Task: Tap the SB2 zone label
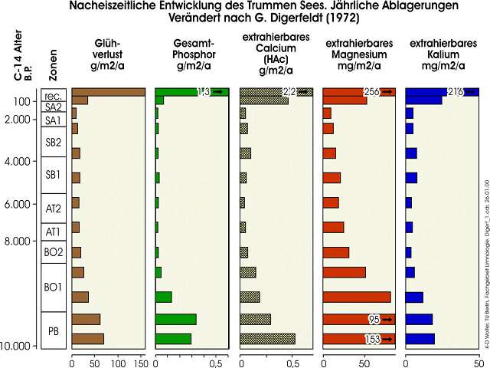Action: coord(53,142)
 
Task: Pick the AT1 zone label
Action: coord(53,232)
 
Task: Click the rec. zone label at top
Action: coord(53,96)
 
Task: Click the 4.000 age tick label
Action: coord(23,161)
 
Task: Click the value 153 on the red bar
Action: coord(373,339)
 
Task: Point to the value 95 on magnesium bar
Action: coord(374,320)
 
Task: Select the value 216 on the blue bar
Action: coord(456,92)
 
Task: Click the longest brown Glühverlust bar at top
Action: coord(108,92)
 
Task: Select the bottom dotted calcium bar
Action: coord(267,339)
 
